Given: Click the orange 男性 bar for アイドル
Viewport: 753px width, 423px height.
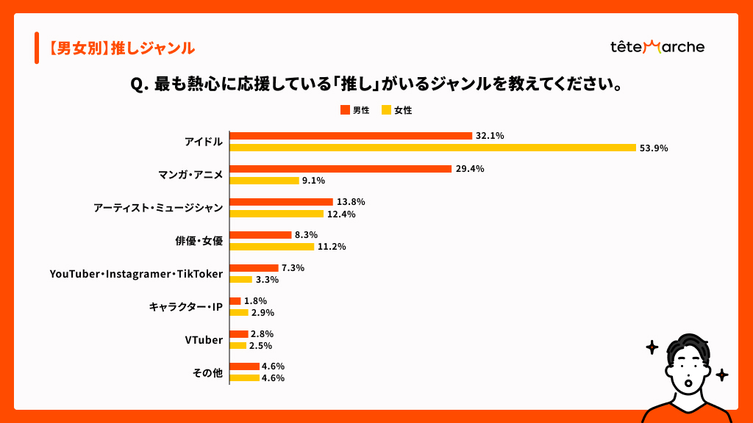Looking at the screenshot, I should click(x=351, y=136).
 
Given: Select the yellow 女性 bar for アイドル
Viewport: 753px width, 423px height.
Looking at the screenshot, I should click(x=432, y=148).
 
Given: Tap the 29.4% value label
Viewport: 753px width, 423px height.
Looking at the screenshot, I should click(x=469, y=169).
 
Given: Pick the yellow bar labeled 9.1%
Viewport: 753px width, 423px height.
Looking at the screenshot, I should click(x=265, y=181).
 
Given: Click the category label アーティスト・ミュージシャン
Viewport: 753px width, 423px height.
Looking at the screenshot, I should click(x=158, y=208).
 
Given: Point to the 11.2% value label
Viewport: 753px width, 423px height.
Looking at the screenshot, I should click(x=332, y=247).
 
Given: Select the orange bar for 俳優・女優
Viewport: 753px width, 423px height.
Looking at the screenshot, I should click(x=261, y=235).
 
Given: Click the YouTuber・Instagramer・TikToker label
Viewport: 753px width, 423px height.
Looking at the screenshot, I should click(x=136, y=274).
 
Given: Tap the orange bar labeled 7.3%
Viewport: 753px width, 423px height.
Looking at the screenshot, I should click(x=254, y=268).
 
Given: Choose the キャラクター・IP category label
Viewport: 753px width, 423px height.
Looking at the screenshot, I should click(x=185, y=307).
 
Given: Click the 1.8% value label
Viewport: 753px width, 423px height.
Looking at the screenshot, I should click(x=255, y=301).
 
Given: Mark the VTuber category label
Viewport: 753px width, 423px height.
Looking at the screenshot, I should click(x=204, y=340).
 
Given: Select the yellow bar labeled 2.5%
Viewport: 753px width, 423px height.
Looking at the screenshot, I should click(x=238, y=345).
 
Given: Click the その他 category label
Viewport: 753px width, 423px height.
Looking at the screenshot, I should click(x=207, y=373).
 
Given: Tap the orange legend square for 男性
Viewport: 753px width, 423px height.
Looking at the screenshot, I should click(x=344, y=110).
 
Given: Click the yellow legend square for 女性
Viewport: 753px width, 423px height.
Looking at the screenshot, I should click(x=386, y=110).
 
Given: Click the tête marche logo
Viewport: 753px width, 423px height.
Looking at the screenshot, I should click(x=657, y=47).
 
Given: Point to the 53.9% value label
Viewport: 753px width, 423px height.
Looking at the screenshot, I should click(x=654, y=148).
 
